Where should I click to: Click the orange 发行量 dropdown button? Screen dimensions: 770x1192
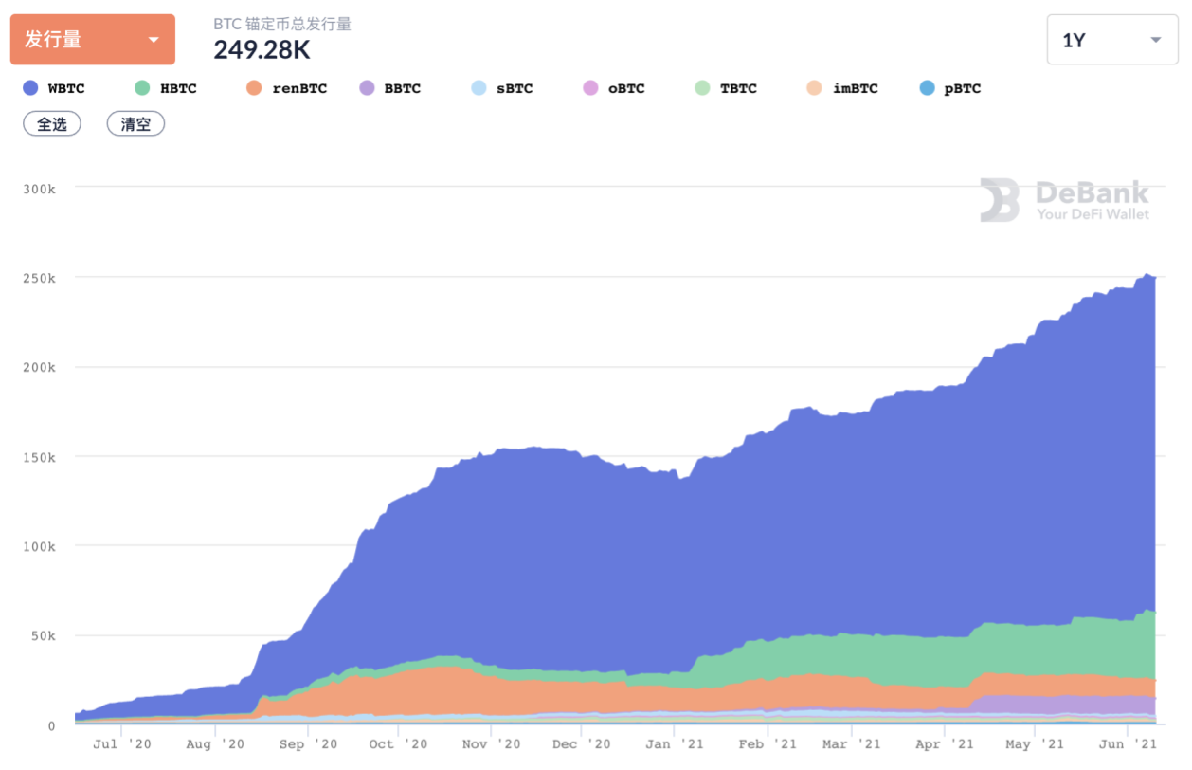pos(92,40)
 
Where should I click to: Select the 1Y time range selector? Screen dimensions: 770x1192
pos(1111,40)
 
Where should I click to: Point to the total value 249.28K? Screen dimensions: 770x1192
pos(262,49)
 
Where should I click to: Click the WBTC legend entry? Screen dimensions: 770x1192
pos(55,88)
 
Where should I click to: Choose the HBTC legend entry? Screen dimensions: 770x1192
pos(167,88)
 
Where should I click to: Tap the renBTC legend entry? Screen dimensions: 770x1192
pos(287,88)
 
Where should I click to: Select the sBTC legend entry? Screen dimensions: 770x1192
pos(502,88)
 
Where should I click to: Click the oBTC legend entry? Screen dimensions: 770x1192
pos(614,88)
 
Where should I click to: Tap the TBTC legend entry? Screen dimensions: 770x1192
pos(726,88)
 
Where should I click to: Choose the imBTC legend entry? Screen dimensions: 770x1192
pos(842,88)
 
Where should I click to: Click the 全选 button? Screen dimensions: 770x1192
pos(52,123)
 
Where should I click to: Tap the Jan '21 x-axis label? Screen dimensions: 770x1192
pos(673,744)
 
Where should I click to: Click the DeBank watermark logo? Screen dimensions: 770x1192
pos(1064,200)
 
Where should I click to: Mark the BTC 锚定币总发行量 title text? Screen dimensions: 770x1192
pos(282,24)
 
